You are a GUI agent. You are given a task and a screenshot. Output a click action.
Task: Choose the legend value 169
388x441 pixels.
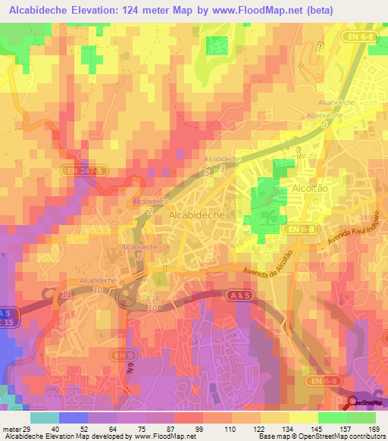pyautogui.click(x=372, y=428)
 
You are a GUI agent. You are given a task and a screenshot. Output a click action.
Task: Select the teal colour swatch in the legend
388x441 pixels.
pyautogui.click(x=45, y=418)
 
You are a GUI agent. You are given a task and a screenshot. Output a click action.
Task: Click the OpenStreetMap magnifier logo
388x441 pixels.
pyautogui.click(x=353, y=402)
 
